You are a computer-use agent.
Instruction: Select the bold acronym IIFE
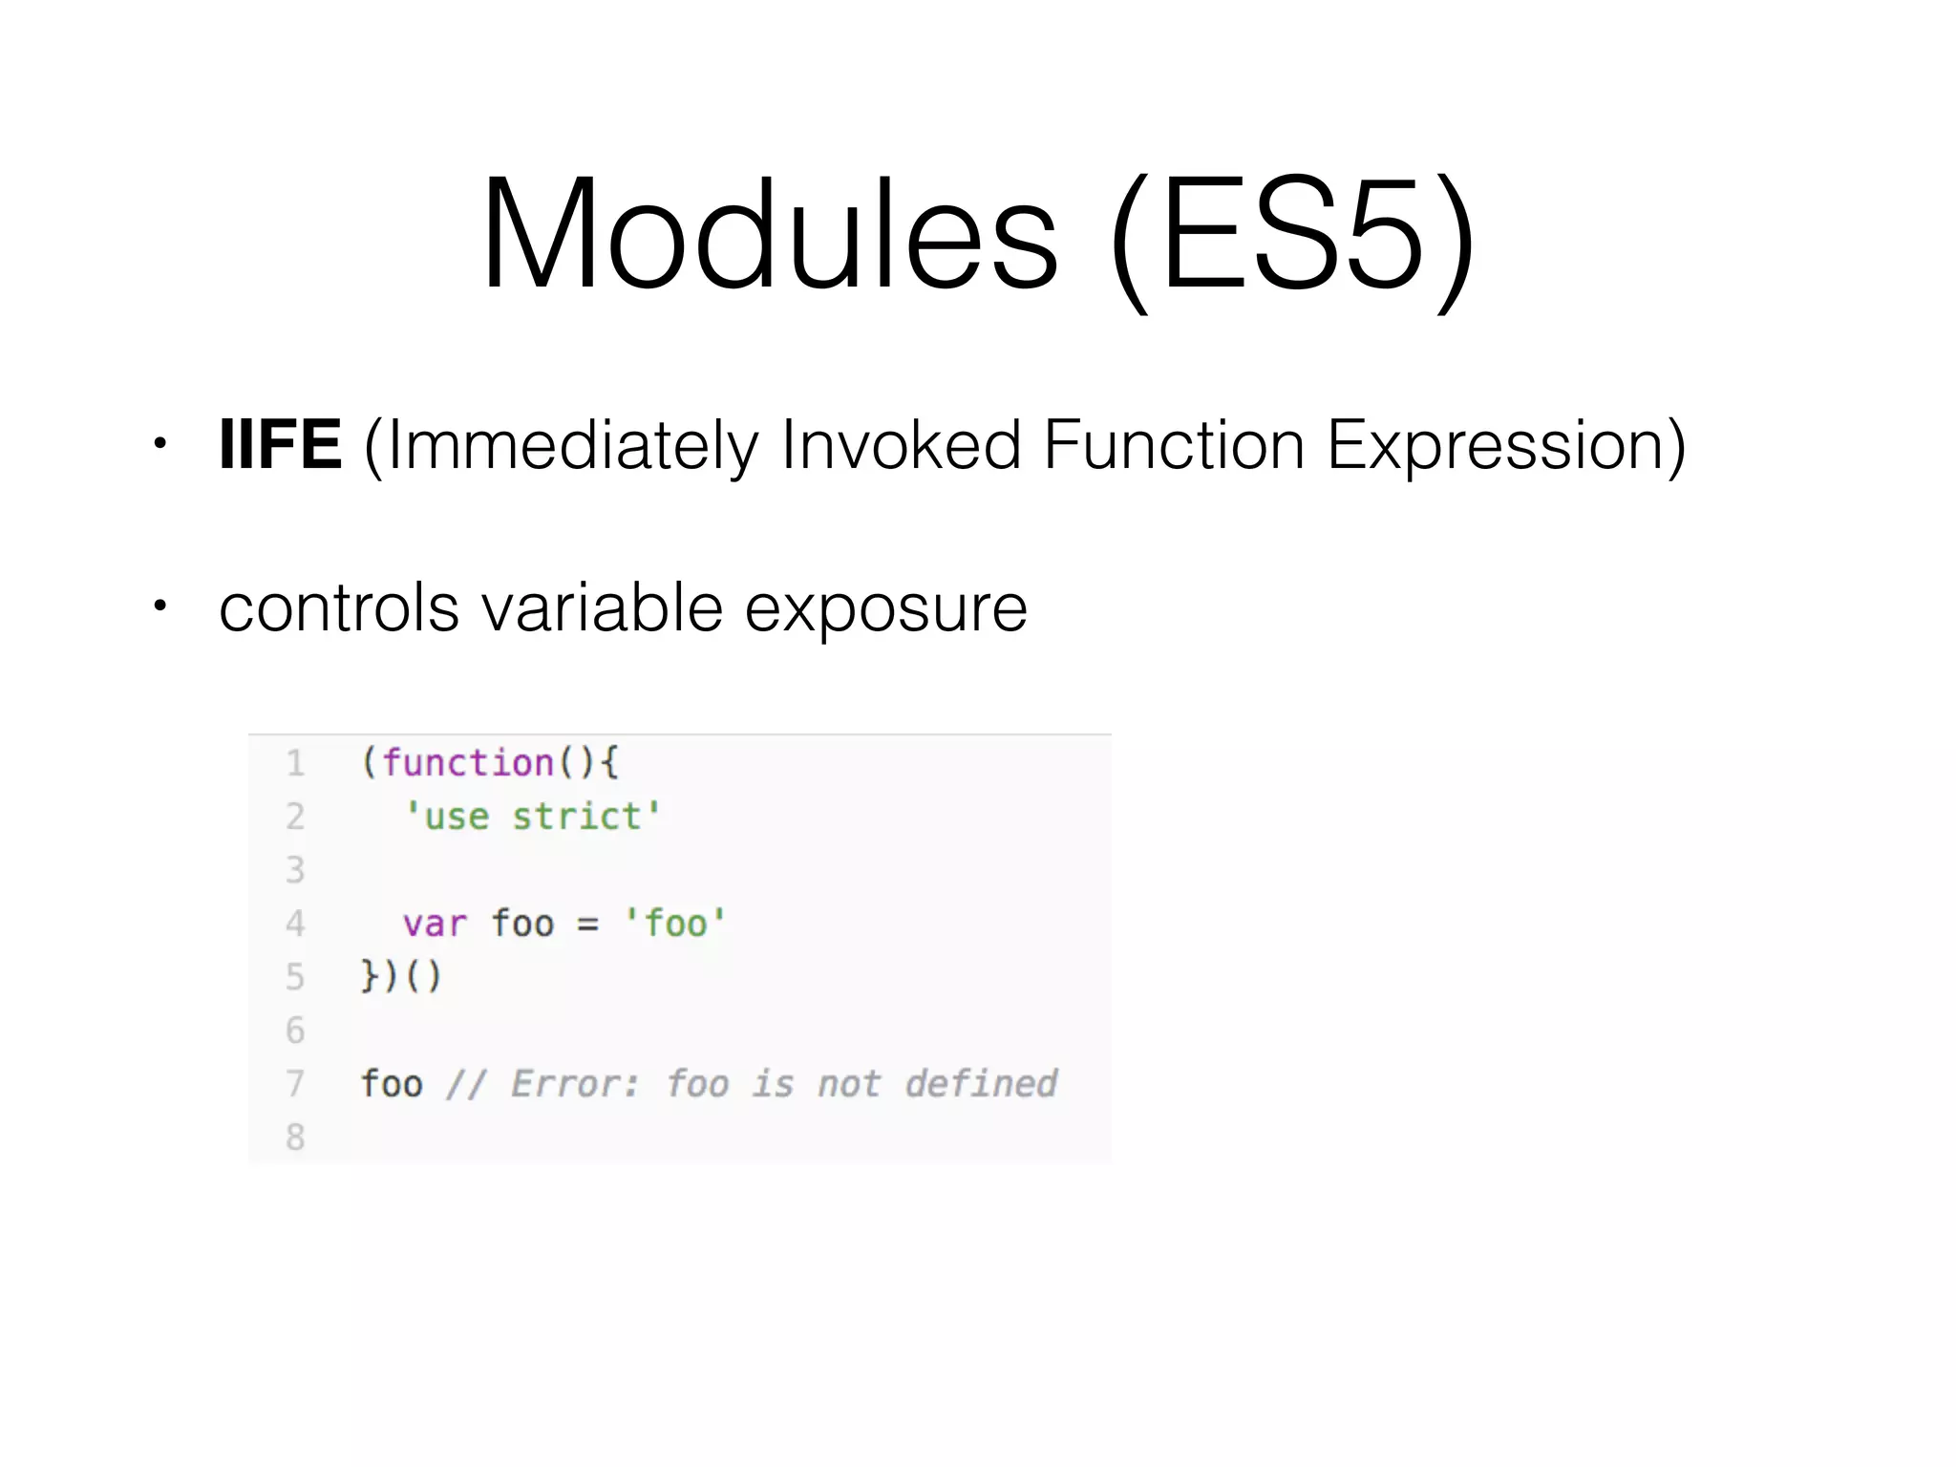(280, 445)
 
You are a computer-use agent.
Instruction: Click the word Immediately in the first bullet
(571, 447)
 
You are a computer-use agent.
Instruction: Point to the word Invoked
(901, 445)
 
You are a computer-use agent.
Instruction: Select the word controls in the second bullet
(338, 607)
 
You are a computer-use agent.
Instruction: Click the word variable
(602, 607)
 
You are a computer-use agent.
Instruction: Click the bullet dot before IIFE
(160, 443)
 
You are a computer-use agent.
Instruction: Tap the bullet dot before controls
(160, 606)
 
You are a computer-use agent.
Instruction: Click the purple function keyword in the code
(468, 763)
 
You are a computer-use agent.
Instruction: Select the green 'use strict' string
(533, 817)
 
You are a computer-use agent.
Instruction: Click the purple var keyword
(435, 924)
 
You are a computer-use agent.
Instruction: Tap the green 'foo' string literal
(675, 924)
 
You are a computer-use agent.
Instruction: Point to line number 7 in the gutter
(295, 1084)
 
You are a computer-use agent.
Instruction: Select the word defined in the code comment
(981, 1084)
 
